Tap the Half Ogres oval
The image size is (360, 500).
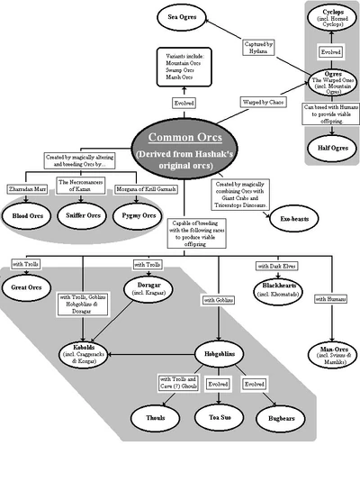pyautogui.click(x=333, y=148)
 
